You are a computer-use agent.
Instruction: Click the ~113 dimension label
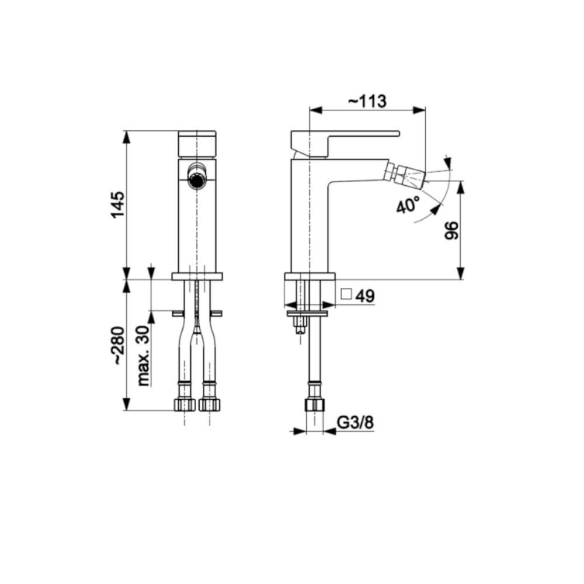(x=367, y=101)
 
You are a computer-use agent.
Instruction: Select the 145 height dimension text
(x=118, y=205)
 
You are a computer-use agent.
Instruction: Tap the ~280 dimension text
(x=119, y=345)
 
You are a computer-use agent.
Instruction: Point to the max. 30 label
(x=144, y=356)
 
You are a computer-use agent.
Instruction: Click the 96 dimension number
(x=451, y=231)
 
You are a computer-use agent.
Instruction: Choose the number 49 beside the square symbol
(x=364, y=296)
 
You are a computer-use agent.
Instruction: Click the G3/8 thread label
(x=355, y=423)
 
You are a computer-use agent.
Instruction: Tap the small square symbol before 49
(x=346, y=294)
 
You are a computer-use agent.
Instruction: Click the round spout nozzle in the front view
(x=196, y=179)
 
